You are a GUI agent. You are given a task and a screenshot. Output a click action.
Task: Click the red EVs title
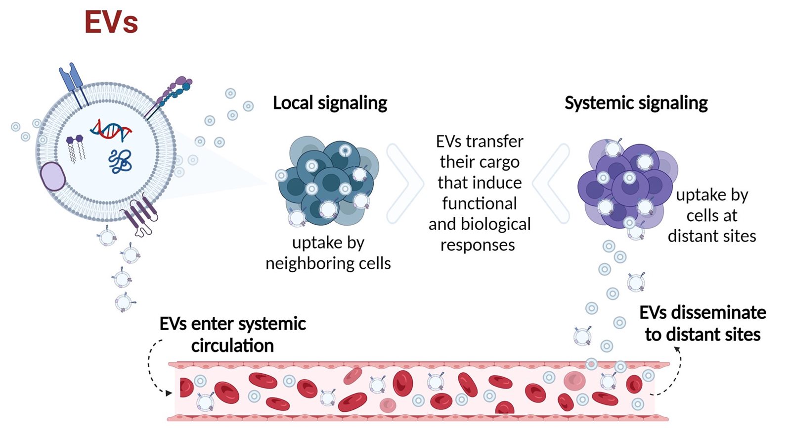pyautogui.click(x=111, y=22)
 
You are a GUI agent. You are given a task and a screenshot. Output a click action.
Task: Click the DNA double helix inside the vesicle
pyautogui.click(x=111, y=130)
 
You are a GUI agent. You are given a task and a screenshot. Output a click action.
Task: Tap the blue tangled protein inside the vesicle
pyautogui.click(x=120, y=161)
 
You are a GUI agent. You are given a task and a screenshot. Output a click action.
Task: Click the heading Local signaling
pyautogui.click(x=330, y=103)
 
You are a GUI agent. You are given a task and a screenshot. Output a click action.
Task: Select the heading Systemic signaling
pyautogui.click(x=636, y=103)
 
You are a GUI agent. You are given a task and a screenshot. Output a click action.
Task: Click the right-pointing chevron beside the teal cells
pyautogui.click(x=405, y=183)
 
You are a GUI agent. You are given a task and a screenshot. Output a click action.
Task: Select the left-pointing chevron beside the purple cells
pyautogui.click(x=552, y=183)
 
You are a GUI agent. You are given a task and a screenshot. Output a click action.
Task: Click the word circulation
pyautogui.click(x=232, y=345)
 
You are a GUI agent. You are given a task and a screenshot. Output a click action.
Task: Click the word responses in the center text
pyautogui.click(x=478, y=245)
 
